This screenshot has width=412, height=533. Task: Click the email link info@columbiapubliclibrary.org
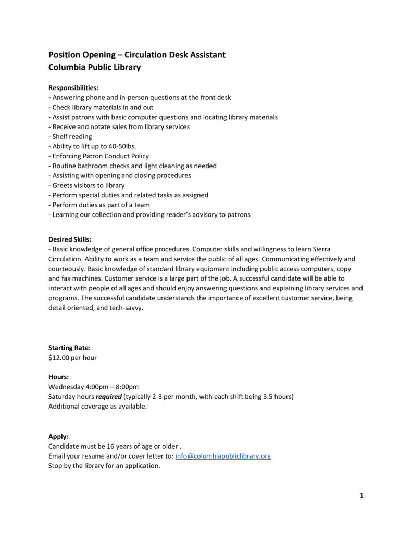(x=223, y=456)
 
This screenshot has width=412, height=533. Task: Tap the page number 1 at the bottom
(x=361, y=496)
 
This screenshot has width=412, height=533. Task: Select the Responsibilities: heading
(x=73, y=87)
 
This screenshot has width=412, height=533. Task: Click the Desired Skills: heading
(x=70, y=239)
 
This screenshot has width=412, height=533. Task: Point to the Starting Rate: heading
(x=69, y=348)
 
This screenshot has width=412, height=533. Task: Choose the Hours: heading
(x=59, y=376)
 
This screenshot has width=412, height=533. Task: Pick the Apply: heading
(x=58, y=436)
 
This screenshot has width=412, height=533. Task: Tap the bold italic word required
(x=109, y=397)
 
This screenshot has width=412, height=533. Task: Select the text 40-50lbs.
(x=122, y=146)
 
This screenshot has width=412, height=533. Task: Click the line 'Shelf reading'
(x=72, y=136)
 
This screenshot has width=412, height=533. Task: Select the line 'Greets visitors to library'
(x=88, y=185)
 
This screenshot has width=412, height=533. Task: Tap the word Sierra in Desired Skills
(x=320, y=249)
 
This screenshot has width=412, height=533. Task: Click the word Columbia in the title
(x=67, y=67)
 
